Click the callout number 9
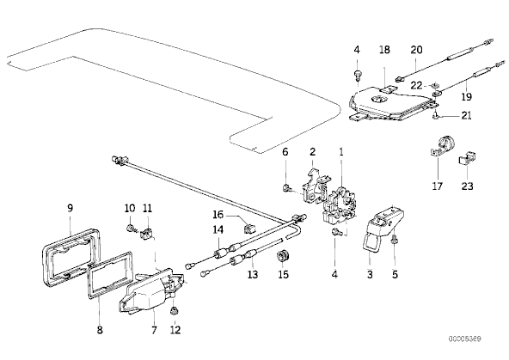[x=71, y=208]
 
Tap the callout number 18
[x=384, y=50]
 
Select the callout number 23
[x=467, y=186]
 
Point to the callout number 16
[x=218, y=215]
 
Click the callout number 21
[x=466, y=115]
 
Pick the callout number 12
[x=175, y=330]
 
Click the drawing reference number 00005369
[x=465, y=339]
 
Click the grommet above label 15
[x=283, y=255]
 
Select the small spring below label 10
[x=132, y=229]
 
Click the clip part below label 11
[x=147, y=233]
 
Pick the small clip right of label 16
[x=248, y=229]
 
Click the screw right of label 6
[x=287, y=188]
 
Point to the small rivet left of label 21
[x=436, y=116]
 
